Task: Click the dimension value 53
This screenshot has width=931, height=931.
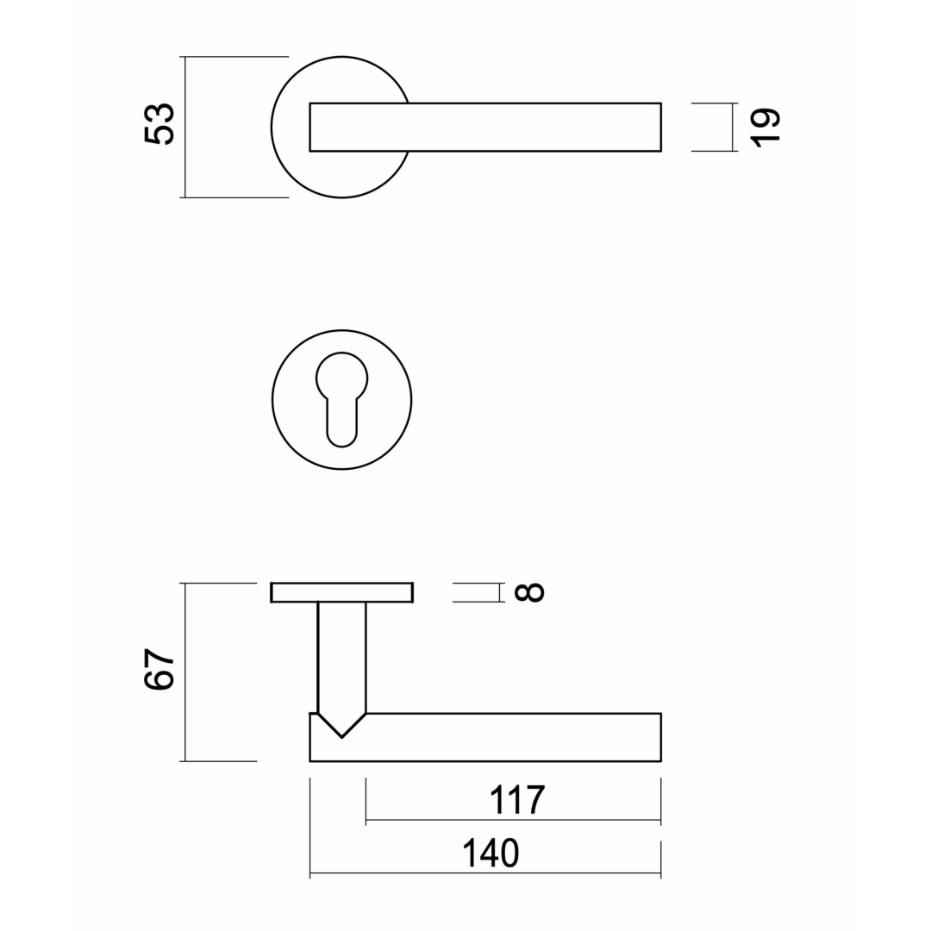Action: coord(159,124)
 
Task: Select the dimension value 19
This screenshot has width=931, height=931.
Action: coord(765,127)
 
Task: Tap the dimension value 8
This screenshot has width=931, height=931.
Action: coord(528,592)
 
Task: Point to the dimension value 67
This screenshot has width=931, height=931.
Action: coord(159,669)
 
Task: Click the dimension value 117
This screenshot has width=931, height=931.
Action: coord(516,800)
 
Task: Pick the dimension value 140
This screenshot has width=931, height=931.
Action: coord(490,853)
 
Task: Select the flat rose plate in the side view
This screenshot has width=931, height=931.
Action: coord(342,592)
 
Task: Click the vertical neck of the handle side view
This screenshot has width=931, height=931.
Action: coord(342,658)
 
